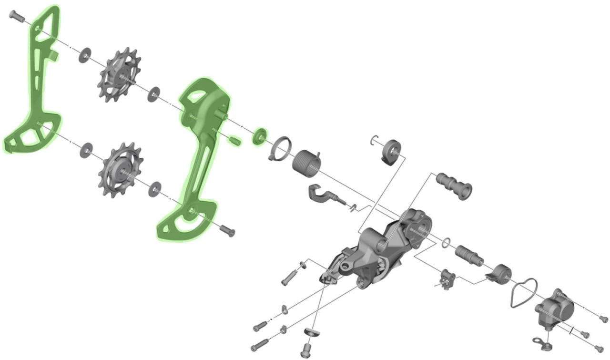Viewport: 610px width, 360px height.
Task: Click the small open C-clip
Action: tap(375, 140)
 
